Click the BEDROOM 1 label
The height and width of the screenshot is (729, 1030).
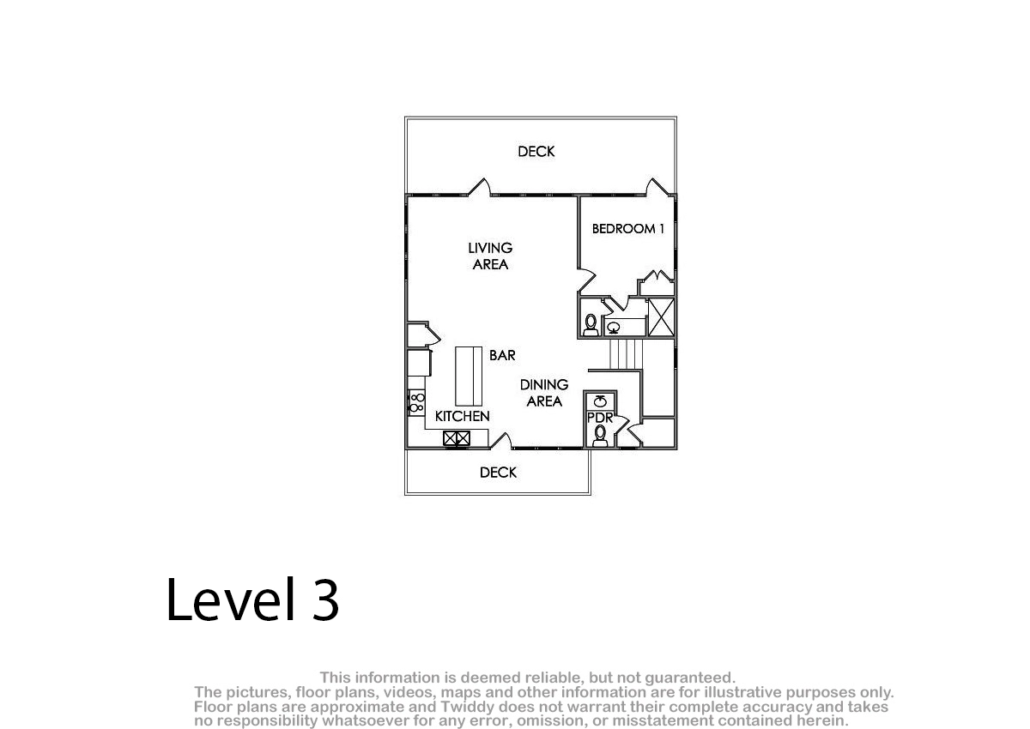pyautogui.click(x=627, y=228)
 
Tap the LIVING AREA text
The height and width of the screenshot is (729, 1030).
pyautogui.click(x=490, y=256)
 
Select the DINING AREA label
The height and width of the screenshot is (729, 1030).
pyautogui.click(x=544, y=393)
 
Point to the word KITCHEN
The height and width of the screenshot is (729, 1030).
pyautogui.click(x=462, y=416)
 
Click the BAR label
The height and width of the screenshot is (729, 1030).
pyautogui.click(x=502, y=355)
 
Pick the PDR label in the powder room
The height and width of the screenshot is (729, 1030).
pyautogui.click(x=600, y=418)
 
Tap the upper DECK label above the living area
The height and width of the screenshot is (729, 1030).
pyautogui.click(x=536, y=151)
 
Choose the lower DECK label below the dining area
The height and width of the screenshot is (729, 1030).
pyautogui.click(x=498, y=473)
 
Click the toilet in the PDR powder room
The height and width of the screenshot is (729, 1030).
pyautogui.click(x=600, y=436)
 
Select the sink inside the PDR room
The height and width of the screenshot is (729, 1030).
pyautogui.click(x=600, y=401)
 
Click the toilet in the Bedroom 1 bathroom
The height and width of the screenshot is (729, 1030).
pyautogui.click(x=591, y=325)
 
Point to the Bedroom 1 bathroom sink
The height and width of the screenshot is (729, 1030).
pyautogui.click(x=614, y=328)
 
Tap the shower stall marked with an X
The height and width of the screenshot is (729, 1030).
pyautogui.click(x=661, y=317)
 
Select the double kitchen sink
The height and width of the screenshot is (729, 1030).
pyautogui.click(x=457, y=438)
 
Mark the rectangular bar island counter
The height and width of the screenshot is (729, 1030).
pyautogui.click(x=469, y=377)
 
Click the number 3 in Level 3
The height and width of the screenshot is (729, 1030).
pyautogui.click(x=325, y=599)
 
